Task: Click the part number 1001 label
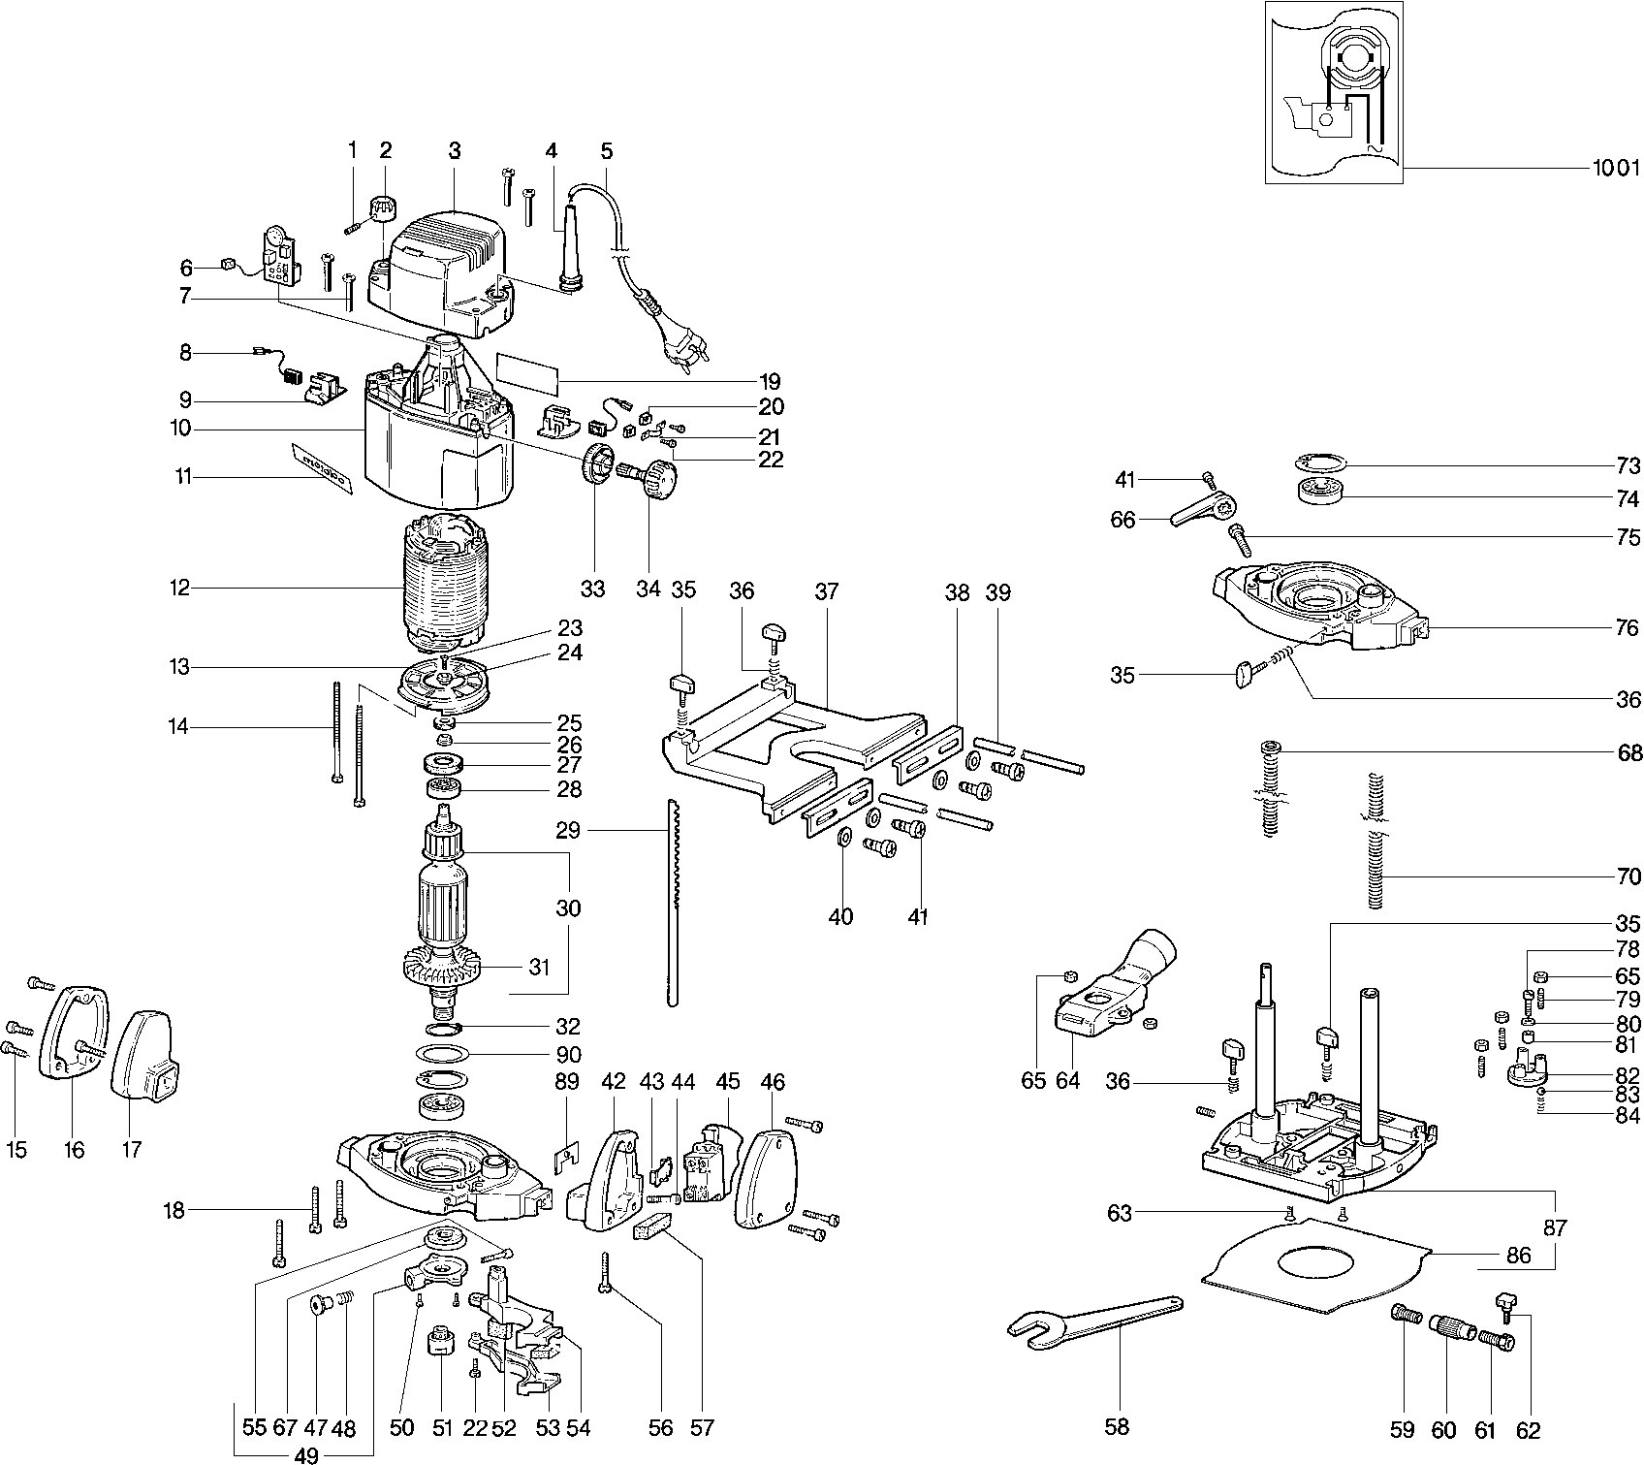1614,168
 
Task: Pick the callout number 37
826,590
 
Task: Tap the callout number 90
569,1054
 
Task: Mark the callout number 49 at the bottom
307,1454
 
